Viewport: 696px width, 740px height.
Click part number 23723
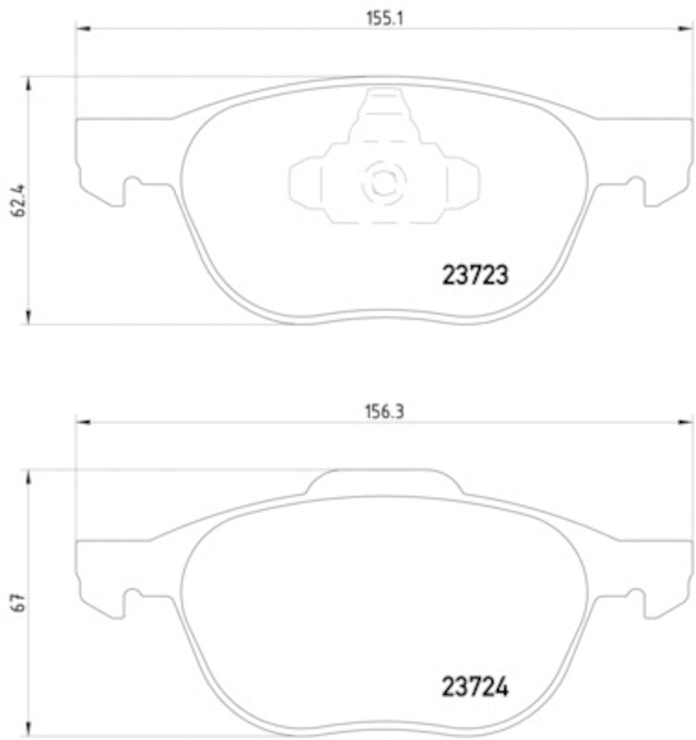tap(473, 275)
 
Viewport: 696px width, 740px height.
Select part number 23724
tap(473, 689)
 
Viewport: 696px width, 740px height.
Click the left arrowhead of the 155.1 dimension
tap(82, 32)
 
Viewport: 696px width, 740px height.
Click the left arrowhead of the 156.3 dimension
tap(82, 425)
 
